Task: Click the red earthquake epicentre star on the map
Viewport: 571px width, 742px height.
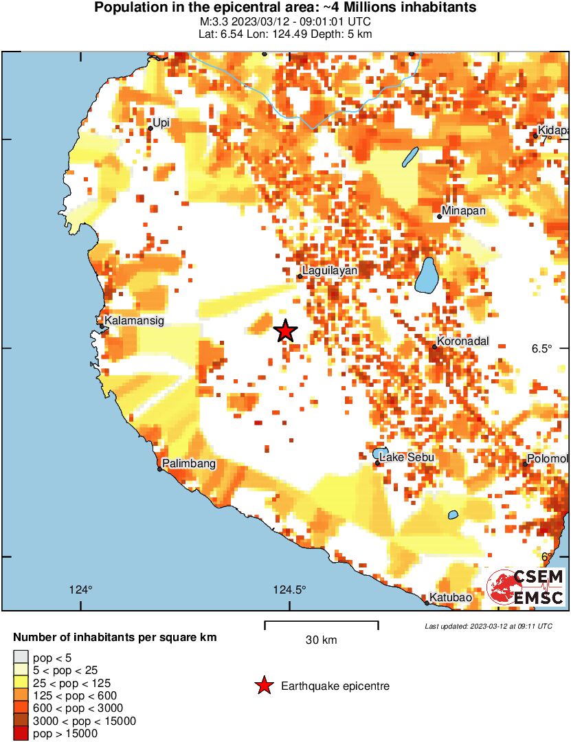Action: pyautogui.click(x=285, y=331)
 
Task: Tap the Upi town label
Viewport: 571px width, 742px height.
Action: pyautogui.click(x=161, y=123)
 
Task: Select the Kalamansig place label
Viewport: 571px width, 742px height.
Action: pyautogui.click(x=135, y=320)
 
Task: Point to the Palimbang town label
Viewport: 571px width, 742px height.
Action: pyautogui.click(x=188, y=464)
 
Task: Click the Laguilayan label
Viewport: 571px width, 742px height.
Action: pyautogui.click(x=330, y=271)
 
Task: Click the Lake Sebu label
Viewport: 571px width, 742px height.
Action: pyautogui.click(x=407, y=458)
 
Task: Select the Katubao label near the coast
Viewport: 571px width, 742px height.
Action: pyautogui.click(x=451, y=598)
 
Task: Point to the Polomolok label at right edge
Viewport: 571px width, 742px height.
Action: pyautogui.click(x=548, y=459)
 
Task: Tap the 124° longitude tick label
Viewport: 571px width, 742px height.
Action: pyautogui.click(x=81, y=589)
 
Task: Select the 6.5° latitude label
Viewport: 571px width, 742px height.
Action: pyautogui.click(x=541, y=348)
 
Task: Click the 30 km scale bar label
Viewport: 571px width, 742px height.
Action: pyautogui.click(x=321, y=640)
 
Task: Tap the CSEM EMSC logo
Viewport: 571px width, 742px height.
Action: pyautogui.click(x=526, y=587)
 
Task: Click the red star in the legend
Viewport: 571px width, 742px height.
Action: pyautogui.click(x=263, y=686)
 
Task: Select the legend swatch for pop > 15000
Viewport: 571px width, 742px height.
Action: pyautogui.click(x=21, y=733)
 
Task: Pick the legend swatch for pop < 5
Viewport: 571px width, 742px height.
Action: pyautogui.click(x=21, y=658)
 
